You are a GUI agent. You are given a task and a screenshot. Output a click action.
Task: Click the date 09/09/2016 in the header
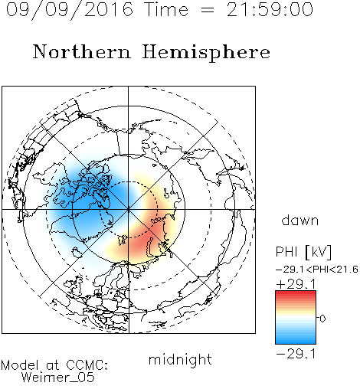pyautogui.click(x=70, y=10)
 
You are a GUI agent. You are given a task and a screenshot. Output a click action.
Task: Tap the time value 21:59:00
pyautogui.click(x=270, y=9)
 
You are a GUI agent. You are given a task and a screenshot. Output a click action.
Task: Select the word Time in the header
pyautogui.click(x=166, y=9)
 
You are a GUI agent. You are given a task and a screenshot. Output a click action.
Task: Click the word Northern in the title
pyautogui.click(x=82, y=51)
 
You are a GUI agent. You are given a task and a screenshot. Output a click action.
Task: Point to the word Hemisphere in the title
pyautogui.click(x=206, y=53)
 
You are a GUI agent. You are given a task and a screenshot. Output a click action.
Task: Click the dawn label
pyautogui.click(x=300, y=220)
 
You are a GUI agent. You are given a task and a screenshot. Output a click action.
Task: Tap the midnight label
pyautogui.click(x=180, y=359)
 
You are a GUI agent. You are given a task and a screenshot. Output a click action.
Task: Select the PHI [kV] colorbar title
pyautogui.click(x=303, y=252)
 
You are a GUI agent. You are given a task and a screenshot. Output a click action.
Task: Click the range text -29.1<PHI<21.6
pyautogui.click(x=317, y=270)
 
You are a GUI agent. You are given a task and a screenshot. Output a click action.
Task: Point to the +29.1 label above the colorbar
pyautogui.click(x=296, y=284)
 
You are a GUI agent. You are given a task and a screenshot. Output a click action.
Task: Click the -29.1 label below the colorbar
pyautogui.click(x=296, y=354)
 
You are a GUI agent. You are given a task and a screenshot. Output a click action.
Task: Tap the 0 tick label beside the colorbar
pyautogui.click(x=322, y=319)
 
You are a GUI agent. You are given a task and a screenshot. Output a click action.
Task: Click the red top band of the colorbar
pyautogui.click(x=296, y=295)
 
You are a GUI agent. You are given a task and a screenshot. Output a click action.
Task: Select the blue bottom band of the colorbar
pyautogui.click(x=296, y=339)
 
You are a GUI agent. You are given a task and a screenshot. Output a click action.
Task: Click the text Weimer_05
pyautogui.click(x=58, y=378)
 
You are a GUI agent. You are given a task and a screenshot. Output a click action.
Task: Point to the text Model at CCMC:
pyautogui.click(x=54, y=365)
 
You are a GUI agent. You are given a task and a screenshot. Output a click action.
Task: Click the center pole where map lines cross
pyautogui.click(x=128, y=210)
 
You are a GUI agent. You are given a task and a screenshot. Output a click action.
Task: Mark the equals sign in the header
pyautogui.click(x=208, y=10)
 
